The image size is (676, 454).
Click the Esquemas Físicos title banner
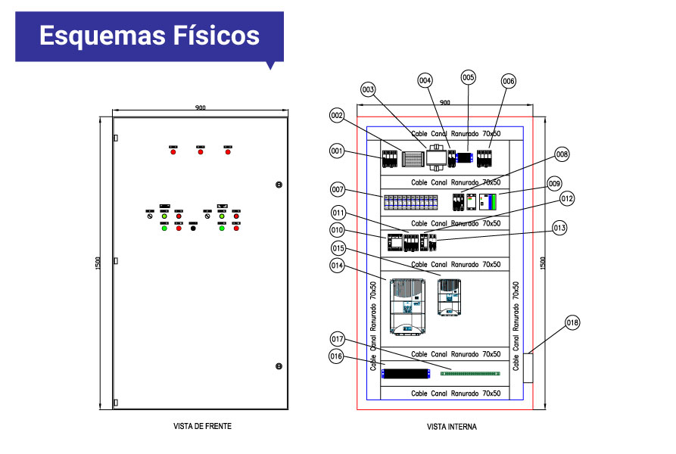pos(149,36)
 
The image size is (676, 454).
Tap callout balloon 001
pos(337,151)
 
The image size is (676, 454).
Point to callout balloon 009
pos(554,183)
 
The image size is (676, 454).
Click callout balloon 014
pos(338,265)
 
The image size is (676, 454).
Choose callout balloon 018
pos(572,323)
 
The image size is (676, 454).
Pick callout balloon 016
pos(337,356)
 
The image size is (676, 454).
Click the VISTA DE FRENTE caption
pos(202,426)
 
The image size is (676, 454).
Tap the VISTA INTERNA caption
pos(452,427)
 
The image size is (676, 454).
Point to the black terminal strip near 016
pos(407,372)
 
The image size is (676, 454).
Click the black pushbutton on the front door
pos(193,228)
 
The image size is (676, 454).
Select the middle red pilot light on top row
pos(201,152)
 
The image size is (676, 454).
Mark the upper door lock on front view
pos(279,185)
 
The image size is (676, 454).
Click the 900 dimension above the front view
pos(201,108)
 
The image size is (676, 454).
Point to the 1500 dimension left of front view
pos(98,263)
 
